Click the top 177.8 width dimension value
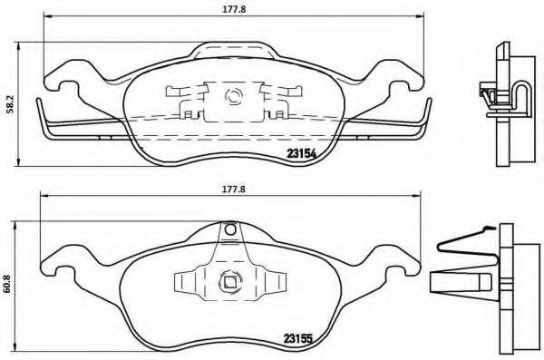pos(234,10)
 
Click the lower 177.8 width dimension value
pos(234,190)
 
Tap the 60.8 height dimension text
pos(6,285)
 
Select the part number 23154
pos(302,153)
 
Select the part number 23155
pos(298,337)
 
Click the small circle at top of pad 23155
pos(230,229)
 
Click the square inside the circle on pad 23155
pos(229,282)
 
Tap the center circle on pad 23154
pos(233,96)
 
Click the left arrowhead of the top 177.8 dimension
pos(47,15)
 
